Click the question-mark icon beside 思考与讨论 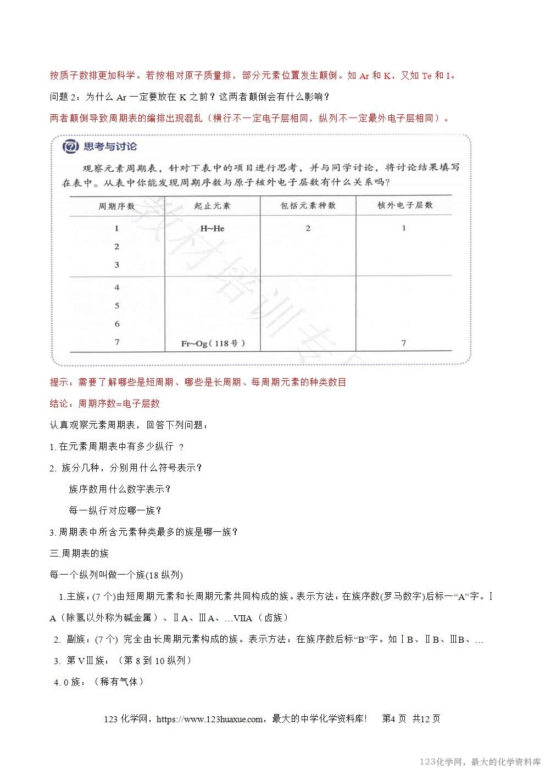pyautogui.click(x=70, y=147)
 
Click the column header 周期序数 pyautogui.click(x=116, y=206)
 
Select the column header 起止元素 pyautogui.click(x=213, y=206)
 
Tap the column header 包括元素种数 pyautogui.click(x=308, y=206)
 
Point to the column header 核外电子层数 pyautogui.click(x=405, y=205)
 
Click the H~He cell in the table pyautogui.click(x=213, y=228)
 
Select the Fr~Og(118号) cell pyautogui.click(x=213, y=344)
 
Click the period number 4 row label pyautogui.click(x=117, y=288)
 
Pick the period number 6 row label pyautogui.click(x=117, y=324)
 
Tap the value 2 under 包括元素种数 pyautogui.click(x=308, y=228)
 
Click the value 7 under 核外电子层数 pyautogui.click(x=404, y=343)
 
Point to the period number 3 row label pyautogui.click(x=117, y=265)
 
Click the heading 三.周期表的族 pyautogui.click(x=79, y=553)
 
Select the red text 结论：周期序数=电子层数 pyautogui.click(x=105, y=403)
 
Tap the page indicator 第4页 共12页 pyautogui.click(x=411, y=719)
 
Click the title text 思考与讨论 pyautogui.click(x=109, y=147)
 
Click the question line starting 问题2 pyautogui.click(x=190, y=97)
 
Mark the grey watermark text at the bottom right pyautogui.click(x=480, y=762)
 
